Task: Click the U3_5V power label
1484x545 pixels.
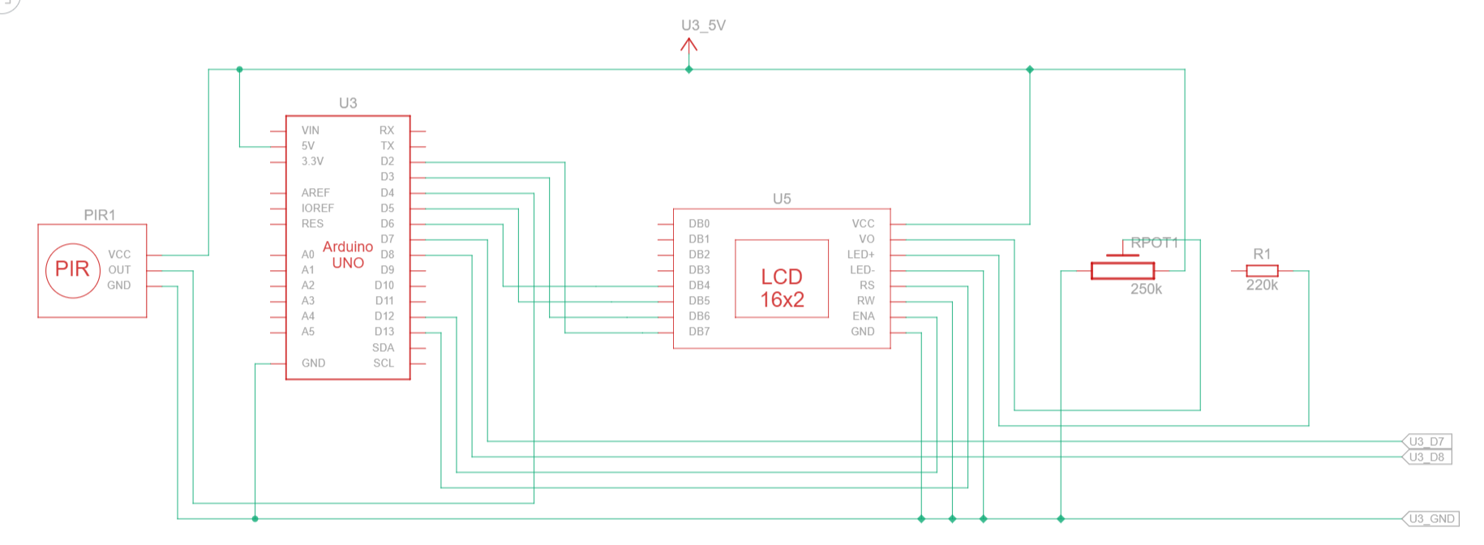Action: pos(703,26)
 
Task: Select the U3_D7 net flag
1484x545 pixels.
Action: pos(1426,441)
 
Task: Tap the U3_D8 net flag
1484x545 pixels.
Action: pos(1426,457)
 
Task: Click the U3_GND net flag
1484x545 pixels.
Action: pos(1431,518)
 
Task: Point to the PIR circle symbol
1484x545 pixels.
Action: pos(72,270)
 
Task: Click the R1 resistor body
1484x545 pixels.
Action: pos(1262,271)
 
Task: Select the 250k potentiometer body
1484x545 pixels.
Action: pos(1122,271)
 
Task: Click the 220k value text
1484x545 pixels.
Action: pos(1262,285)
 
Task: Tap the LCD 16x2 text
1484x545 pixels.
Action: pos(782,288)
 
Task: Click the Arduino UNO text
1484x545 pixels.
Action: pos(348,255)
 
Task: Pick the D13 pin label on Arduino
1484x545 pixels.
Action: pos(384,332)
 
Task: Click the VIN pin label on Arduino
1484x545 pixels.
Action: pos(311,130)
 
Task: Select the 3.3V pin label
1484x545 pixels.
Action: pos(312,161)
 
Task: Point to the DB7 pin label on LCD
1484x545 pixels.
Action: pos(699,332)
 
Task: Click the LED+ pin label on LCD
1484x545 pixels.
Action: pos(861,255)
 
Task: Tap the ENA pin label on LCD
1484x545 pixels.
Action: pos(863,316)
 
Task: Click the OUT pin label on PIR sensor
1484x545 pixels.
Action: pos(119,270)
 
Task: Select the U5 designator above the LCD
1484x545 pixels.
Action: pos(782,199)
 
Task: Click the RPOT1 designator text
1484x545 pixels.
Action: pos(1154,242)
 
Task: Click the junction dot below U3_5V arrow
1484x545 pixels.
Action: pos(688,70)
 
